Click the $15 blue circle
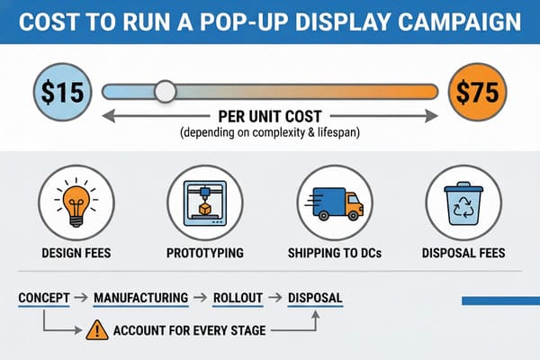(61, 91)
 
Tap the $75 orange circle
(474, 91)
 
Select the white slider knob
(165, 91)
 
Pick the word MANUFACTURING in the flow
(141, 297)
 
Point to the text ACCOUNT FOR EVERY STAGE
(189, 330)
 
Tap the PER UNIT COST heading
(270, 116)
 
